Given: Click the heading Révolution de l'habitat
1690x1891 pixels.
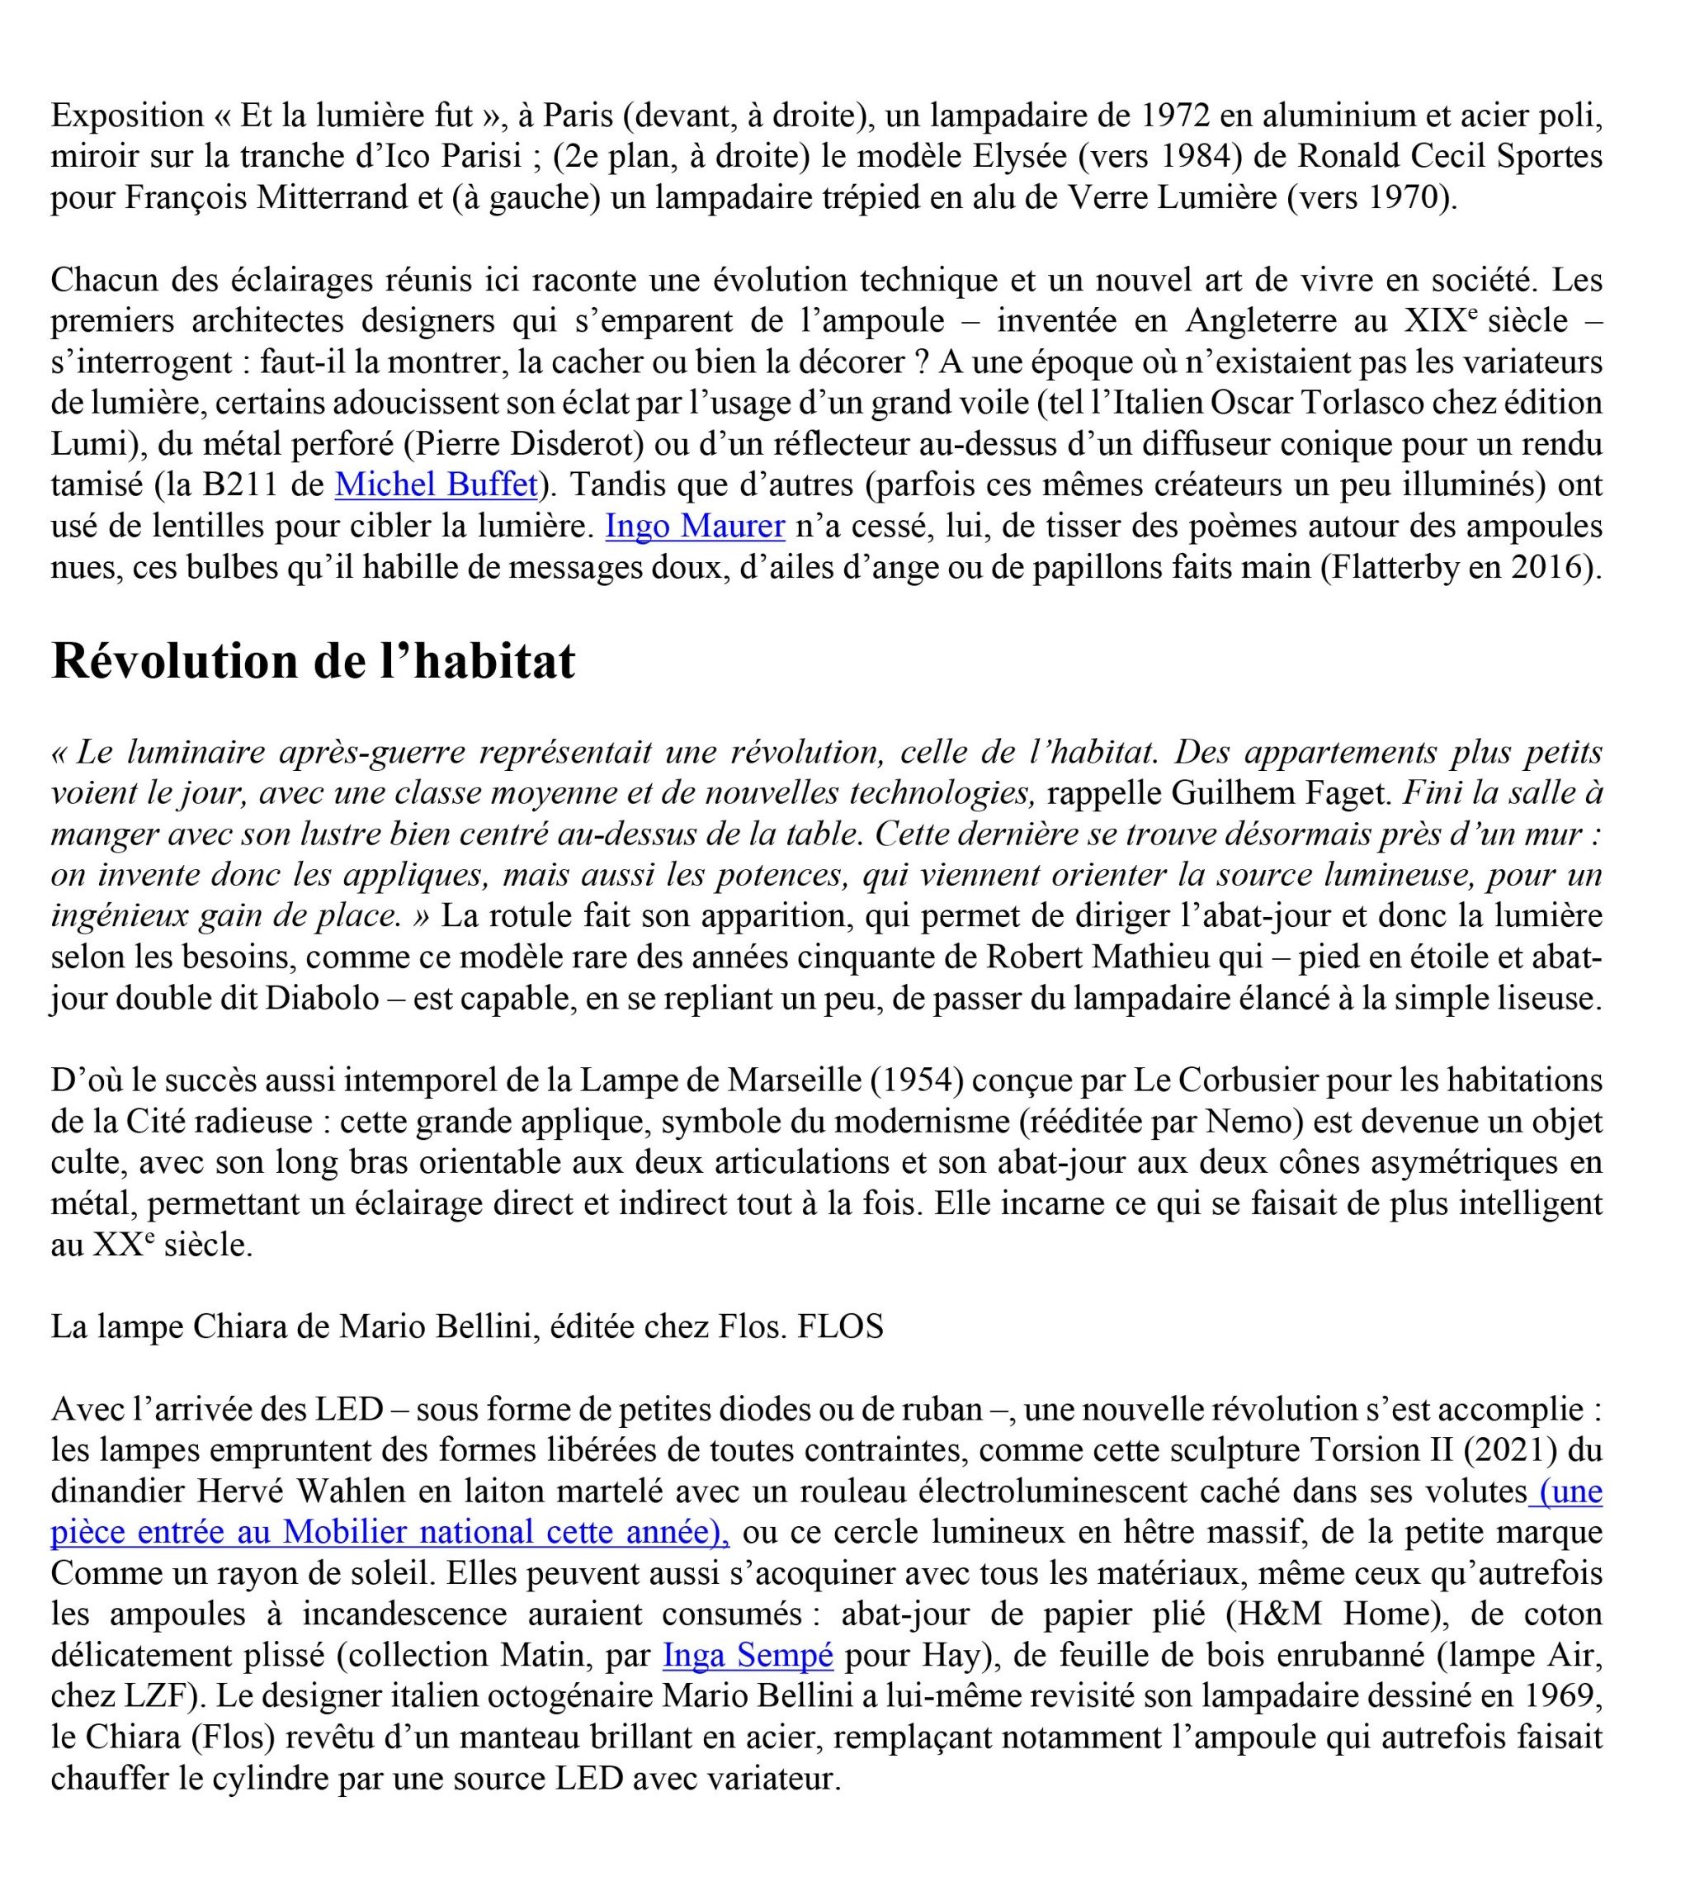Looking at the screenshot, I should (x=313, y=662).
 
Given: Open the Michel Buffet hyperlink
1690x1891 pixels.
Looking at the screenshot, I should (x=436, y=485).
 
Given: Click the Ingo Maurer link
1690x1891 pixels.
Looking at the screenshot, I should (x=695, y=527).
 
